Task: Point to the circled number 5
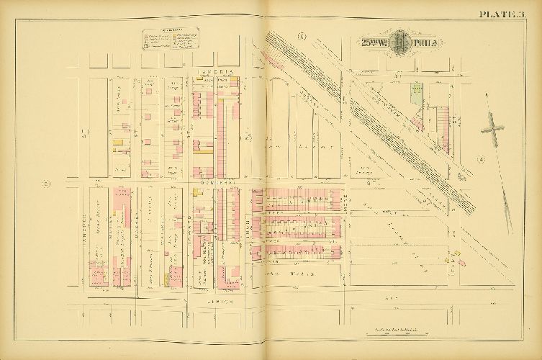(302, 36)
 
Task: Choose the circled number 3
(47, 184)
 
